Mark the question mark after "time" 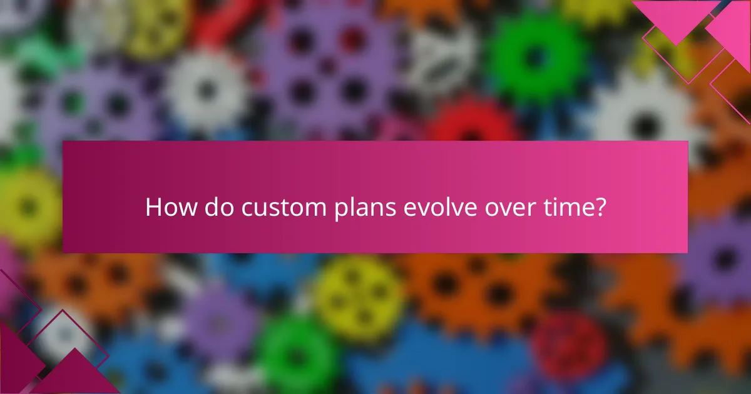[600, 207]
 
